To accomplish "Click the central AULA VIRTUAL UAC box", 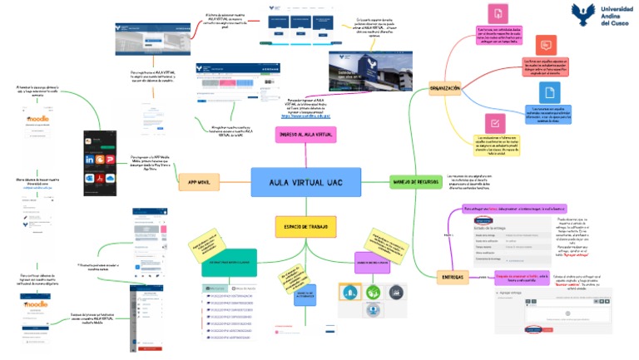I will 305,182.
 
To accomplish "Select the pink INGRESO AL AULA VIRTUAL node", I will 305,134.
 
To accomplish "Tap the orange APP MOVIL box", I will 197,182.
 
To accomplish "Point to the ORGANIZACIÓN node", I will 444,87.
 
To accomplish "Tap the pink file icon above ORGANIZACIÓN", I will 497,14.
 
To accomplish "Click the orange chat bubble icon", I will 545,45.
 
